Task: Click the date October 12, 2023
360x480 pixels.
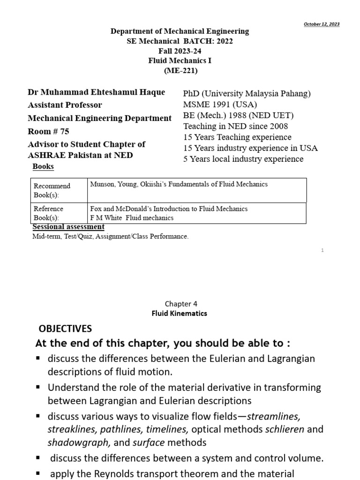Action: click(x=322, y=24)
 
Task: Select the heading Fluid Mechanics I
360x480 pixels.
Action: click(x=180, y=60)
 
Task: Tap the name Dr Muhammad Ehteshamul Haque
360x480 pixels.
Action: click(x=96, y=92)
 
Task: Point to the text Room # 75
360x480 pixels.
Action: click(x=48, y=132)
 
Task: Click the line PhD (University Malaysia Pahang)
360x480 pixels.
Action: click(x=247, y=93)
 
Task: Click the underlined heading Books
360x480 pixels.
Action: click(x=43, y=166)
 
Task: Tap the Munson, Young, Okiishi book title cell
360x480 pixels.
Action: click(x=179, y=184)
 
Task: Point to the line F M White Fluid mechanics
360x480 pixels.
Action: click(x=132, y=217)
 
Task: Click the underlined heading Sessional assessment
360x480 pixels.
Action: click(x=68, y=227)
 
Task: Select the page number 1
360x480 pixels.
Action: click(x=323, y=250)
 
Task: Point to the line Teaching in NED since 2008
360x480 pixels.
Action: click(x=235, y=126)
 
